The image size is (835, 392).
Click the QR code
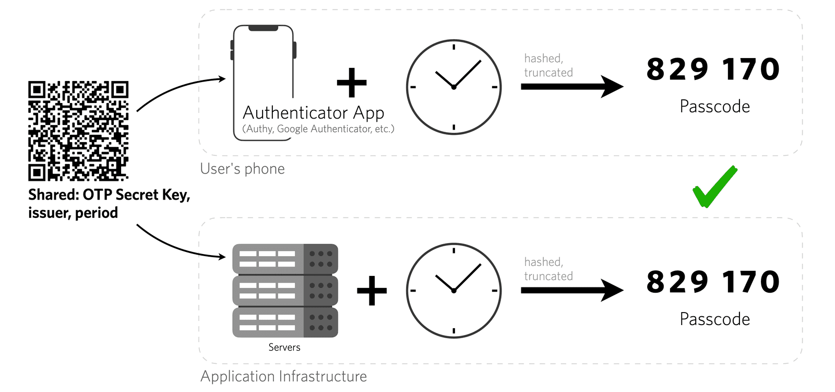(78, 131)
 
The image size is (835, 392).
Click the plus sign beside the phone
(352, 83)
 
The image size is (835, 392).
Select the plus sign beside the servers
(372, 291)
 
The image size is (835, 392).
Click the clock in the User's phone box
(454, 87)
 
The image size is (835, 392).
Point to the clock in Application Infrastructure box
(454, 290)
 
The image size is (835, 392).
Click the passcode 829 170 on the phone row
(713, 70)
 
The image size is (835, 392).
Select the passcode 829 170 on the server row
(713, 282)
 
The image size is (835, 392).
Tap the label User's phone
(242, 169)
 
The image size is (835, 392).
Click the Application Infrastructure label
(283, 376)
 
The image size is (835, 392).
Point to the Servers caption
(284, 348)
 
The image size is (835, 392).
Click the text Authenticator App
(313, 113)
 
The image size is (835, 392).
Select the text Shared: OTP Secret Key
(109, 195)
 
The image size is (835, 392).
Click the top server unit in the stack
(285, 259)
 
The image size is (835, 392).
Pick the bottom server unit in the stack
(285, 322)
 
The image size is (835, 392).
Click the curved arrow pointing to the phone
(177, 89)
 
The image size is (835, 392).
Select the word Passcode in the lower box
(714, 319)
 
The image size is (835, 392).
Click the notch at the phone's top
(263, 28)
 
